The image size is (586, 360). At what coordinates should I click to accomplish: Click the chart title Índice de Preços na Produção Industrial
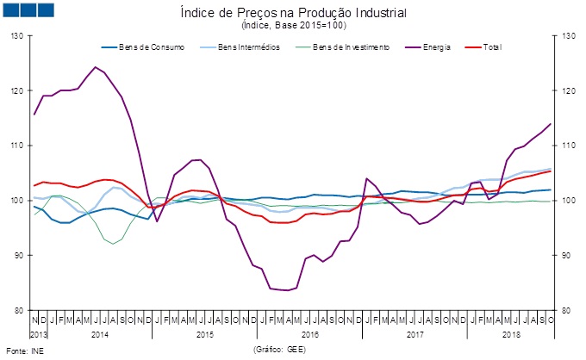tap(294, 14)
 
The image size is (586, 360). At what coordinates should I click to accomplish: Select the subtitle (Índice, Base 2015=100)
tap(294, 26)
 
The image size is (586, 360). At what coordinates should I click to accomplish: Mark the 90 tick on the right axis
tap(565, 256)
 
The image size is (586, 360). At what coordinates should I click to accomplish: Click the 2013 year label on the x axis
tap(40, 332)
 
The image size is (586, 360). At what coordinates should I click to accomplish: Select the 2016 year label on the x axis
tap(309, 332)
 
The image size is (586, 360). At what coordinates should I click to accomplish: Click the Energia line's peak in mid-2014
tap(96, 66)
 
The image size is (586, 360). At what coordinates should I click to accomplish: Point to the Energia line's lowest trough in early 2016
tap(287, 290)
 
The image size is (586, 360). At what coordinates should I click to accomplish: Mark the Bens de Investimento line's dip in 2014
tap(113, 244)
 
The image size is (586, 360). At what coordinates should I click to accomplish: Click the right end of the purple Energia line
tap(551, 124)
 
